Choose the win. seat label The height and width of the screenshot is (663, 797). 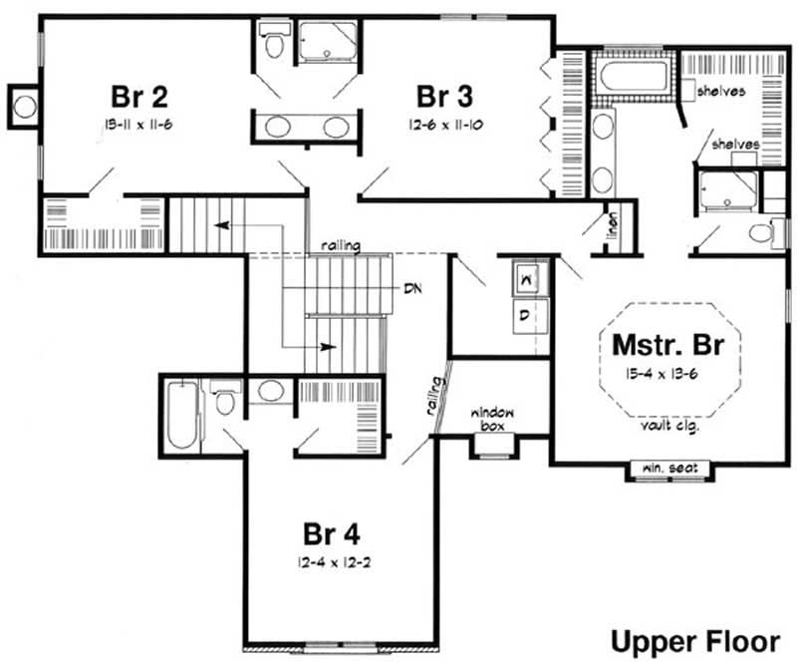point(669,467)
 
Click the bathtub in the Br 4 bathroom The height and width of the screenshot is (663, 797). point(182,414)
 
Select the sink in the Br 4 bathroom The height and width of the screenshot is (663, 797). point(268,391)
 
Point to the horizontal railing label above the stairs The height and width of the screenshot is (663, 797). point(340,245)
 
